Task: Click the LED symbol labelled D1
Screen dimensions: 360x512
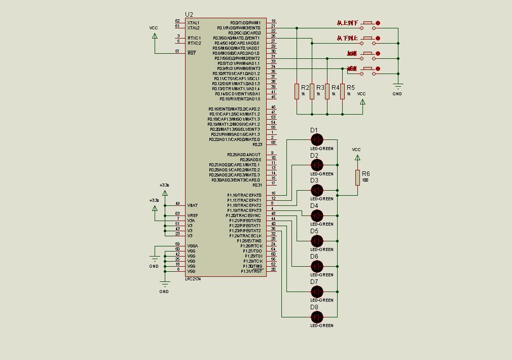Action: (x=317, y=139)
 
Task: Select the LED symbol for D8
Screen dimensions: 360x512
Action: (x=317, y=317)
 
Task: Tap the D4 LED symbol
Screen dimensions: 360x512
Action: (x=317, y=215)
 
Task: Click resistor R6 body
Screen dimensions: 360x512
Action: (x=357, y=177)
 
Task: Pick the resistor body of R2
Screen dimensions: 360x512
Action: (x=297, y=91)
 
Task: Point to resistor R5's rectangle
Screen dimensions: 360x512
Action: (x=343, y=91)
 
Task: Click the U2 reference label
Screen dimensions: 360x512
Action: (x=189, y=14)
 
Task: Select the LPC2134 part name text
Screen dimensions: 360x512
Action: (x=193, y=279)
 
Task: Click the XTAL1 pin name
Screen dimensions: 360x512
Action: (x=193, y=23)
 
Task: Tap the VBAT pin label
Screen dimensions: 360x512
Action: (x=193, y=205)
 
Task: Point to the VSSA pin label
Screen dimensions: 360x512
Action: (x=193, y=246)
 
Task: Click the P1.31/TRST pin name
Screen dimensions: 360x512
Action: (x=252, y=271)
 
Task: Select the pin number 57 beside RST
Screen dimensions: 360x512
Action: (x=177, y=51)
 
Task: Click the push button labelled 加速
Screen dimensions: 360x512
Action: (x=369, y=53)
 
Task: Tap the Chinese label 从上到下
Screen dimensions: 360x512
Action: (x=347, y=23)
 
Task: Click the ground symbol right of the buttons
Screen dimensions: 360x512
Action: (x=398, y=87)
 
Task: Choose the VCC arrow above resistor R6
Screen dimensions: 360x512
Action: (x=357, y=157)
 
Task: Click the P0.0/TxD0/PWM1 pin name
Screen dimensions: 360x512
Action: (x=245, y=23)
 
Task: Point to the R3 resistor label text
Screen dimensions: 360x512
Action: (x=320, y=88)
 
